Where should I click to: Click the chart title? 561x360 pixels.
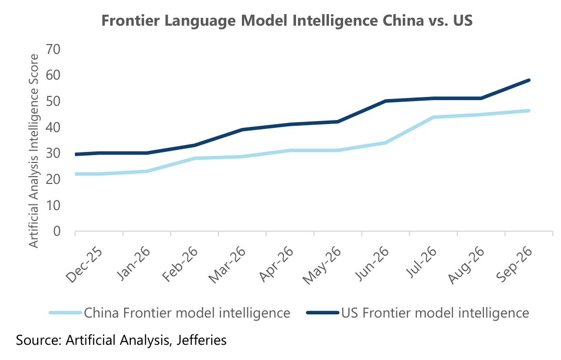[287, 20]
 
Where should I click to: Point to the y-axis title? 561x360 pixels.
[34, 151]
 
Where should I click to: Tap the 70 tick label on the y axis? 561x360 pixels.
[53, 49]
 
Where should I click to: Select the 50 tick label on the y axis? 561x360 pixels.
[53, 101]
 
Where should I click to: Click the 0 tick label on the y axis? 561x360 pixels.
[57, 231]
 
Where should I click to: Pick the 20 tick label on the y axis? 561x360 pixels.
[53, 179]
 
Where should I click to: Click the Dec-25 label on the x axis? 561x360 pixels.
[84, 265]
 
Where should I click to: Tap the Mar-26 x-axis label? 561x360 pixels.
[227, 265]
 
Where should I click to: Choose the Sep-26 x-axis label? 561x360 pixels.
[514, 265]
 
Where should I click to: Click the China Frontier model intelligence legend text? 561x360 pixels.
[187, 313]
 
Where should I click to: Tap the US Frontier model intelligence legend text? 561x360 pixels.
[435, 313]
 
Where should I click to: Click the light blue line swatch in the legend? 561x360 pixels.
[65, 313]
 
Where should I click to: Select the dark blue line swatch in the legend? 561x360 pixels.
[323, 313]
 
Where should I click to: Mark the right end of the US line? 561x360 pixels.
[529, 80]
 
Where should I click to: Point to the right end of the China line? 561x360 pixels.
[529, 111]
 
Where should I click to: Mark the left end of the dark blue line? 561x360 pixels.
[75, 154]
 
